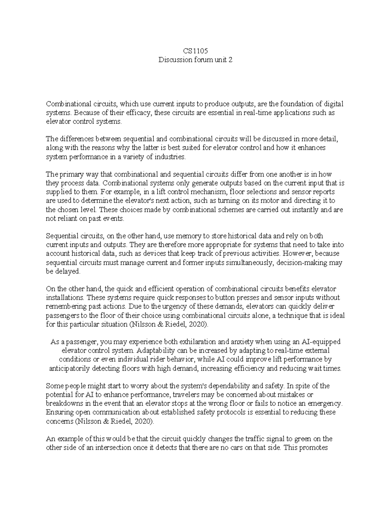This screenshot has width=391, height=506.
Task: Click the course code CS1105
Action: [x=195, y=51]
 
